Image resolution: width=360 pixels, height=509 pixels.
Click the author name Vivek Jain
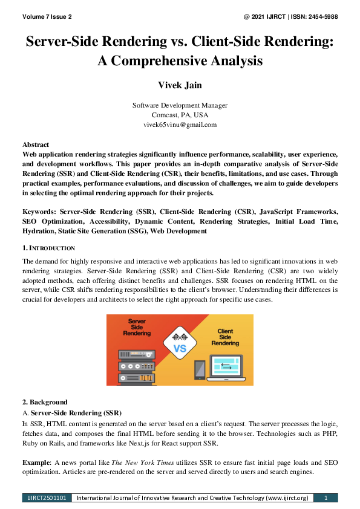tap(180, 83)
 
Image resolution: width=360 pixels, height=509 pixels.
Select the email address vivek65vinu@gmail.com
tap(180, 125)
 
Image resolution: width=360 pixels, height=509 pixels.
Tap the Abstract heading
tap(36, 145)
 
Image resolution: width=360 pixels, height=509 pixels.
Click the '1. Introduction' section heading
tap(48, 248)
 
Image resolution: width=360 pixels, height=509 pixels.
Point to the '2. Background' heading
tap(45, 402)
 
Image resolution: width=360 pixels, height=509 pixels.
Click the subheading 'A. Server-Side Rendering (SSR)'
tap(71, 412)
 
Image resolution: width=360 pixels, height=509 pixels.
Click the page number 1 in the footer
tap(326, 498)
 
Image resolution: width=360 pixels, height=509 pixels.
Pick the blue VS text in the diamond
tap(180, 349)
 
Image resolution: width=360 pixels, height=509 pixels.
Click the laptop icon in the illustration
tap(225, 367)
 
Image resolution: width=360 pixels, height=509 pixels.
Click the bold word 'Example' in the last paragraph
tap(36, 462)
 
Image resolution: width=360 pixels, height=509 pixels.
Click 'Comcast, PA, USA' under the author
tap(180, 115)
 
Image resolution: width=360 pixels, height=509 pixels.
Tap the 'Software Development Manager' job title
tap(180, 105)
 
